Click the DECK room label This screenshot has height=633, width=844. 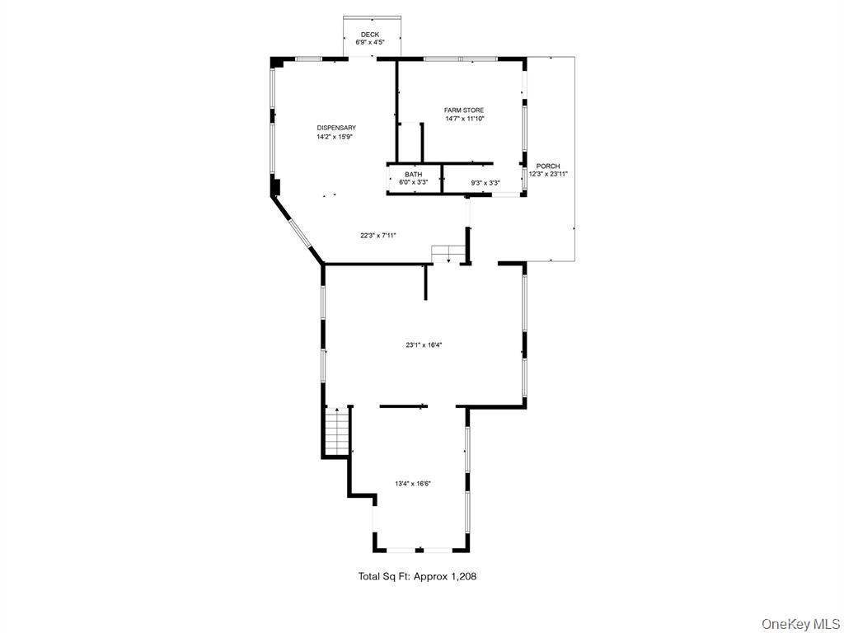tap(370, 35)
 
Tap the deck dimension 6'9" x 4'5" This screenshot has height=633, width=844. tap(370, 42)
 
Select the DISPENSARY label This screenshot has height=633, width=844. tap(336, 128)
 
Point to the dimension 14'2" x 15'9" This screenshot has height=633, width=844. tap(336, 137)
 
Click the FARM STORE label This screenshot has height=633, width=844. tap(464, 110)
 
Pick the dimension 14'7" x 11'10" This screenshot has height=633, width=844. tap(464, 119)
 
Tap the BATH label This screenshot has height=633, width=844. tap(413, 175)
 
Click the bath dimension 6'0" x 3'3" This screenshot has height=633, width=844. tap(413, 182)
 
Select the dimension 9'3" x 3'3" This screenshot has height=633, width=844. tap(485, 183)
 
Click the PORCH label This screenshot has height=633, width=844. tap(548, 166)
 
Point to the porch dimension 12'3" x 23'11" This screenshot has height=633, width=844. tap(548, 174)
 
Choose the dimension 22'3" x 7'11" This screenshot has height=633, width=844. tap(378, 235)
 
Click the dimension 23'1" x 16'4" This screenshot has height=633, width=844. tap(424, 345)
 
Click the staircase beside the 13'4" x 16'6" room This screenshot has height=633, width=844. tap(337, 431)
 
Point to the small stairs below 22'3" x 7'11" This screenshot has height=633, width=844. tap(445, 254)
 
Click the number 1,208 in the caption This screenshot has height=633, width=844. tap(463, 577)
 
